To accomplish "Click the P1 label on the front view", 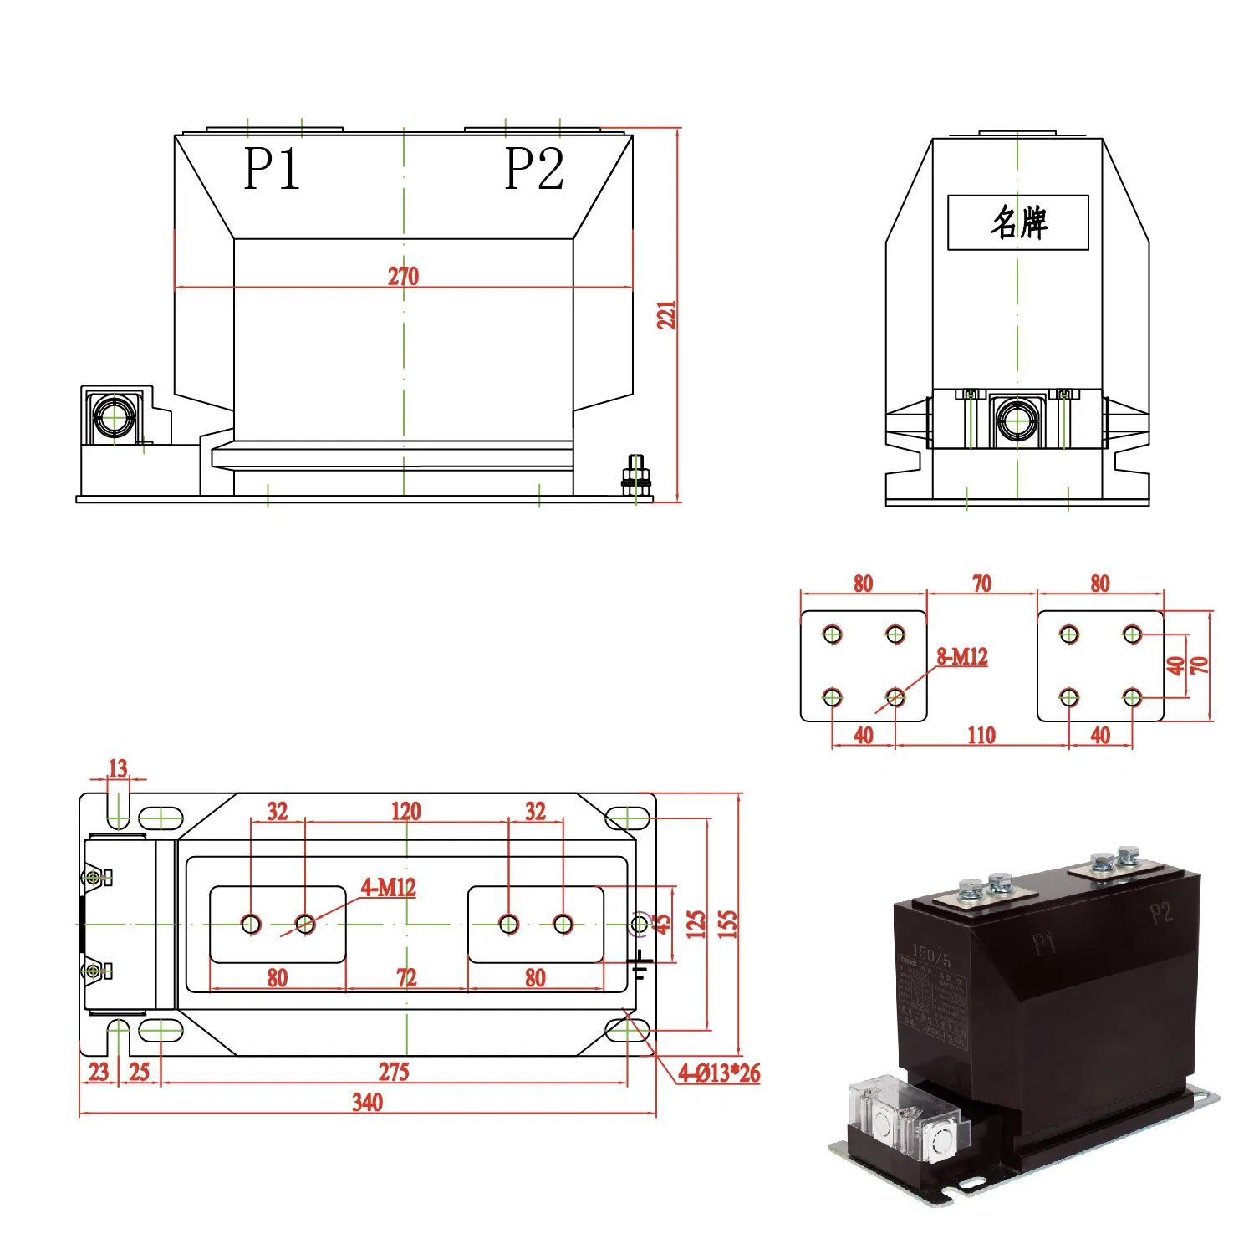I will tap(272, 170).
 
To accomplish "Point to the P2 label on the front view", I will tap(535, 170).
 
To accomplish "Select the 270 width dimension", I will tap(403, 276).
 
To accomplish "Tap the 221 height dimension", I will tap(666, 314).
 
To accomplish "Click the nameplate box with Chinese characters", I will tap(1017, 222).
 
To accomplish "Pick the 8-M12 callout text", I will tap(961, 657).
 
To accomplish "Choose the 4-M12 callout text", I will tap(388, 887).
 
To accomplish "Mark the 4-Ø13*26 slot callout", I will tap(719, 1073).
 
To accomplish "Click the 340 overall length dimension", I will tap(367, 1102).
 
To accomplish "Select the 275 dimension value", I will tap(394, 1072).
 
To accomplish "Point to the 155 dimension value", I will tap(728, 924).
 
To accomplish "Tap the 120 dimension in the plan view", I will tap(406, 811).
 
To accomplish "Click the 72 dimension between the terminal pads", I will tap(406, 977).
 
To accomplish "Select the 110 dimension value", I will tap(981, 736).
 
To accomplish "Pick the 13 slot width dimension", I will tap(118, 768).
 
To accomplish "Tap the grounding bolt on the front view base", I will tap(636, 477).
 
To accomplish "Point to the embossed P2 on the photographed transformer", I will tap(1161, 912).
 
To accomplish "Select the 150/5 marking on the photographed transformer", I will tap(930, 955).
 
